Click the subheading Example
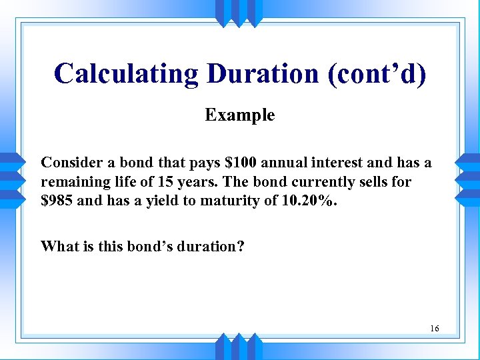coord(240,115)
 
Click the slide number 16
coord(435,329)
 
